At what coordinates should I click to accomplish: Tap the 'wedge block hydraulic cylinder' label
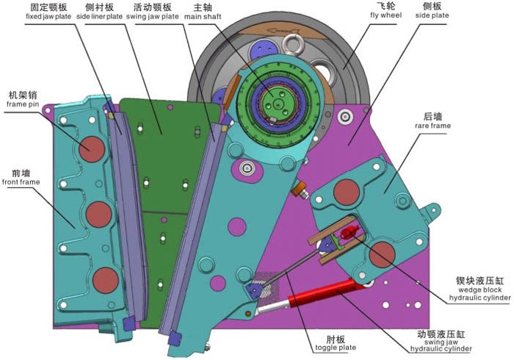474,287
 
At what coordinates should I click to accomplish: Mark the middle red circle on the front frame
99,215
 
